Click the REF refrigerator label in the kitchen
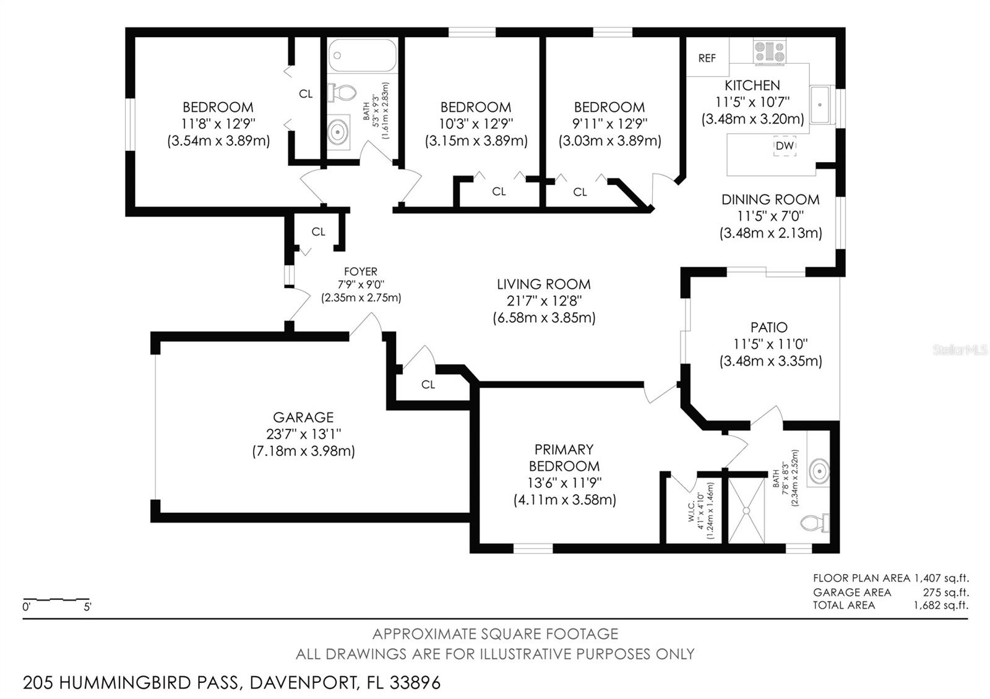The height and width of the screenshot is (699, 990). click(707, 58)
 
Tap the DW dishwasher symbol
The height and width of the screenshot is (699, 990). click(785, 145)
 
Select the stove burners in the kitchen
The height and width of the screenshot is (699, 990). click(770, 51)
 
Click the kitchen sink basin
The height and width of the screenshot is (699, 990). click(820, 105)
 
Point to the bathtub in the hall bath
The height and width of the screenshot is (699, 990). click(363, 55)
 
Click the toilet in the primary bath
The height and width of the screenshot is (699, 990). click(814, 523)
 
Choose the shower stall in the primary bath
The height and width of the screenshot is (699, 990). click(746, 510)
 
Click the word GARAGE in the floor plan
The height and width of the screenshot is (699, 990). click(303, 417)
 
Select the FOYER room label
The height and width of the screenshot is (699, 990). click(361, 272)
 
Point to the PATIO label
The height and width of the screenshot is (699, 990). click(769, 327)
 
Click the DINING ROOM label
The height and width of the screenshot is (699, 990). click(770, 200)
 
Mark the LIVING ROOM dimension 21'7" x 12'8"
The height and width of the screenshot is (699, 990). click(544, 301)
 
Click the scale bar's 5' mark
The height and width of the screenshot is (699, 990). click(87, 607)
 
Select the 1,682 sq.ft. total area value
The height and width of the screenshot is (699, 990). click(941, 606)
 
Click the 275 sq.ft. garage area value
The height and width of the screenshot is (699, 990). click(946, 592)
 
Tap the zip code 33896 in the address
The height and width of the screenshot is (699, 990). click(415, 683)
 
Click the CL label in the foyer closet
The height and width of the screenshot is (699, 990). click(318, 231)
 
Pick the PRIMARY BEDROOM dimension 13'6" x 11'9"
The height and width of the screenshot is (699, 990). click(564, 482)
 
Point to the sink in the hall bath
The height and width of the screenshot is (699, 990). click(338, 132)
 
